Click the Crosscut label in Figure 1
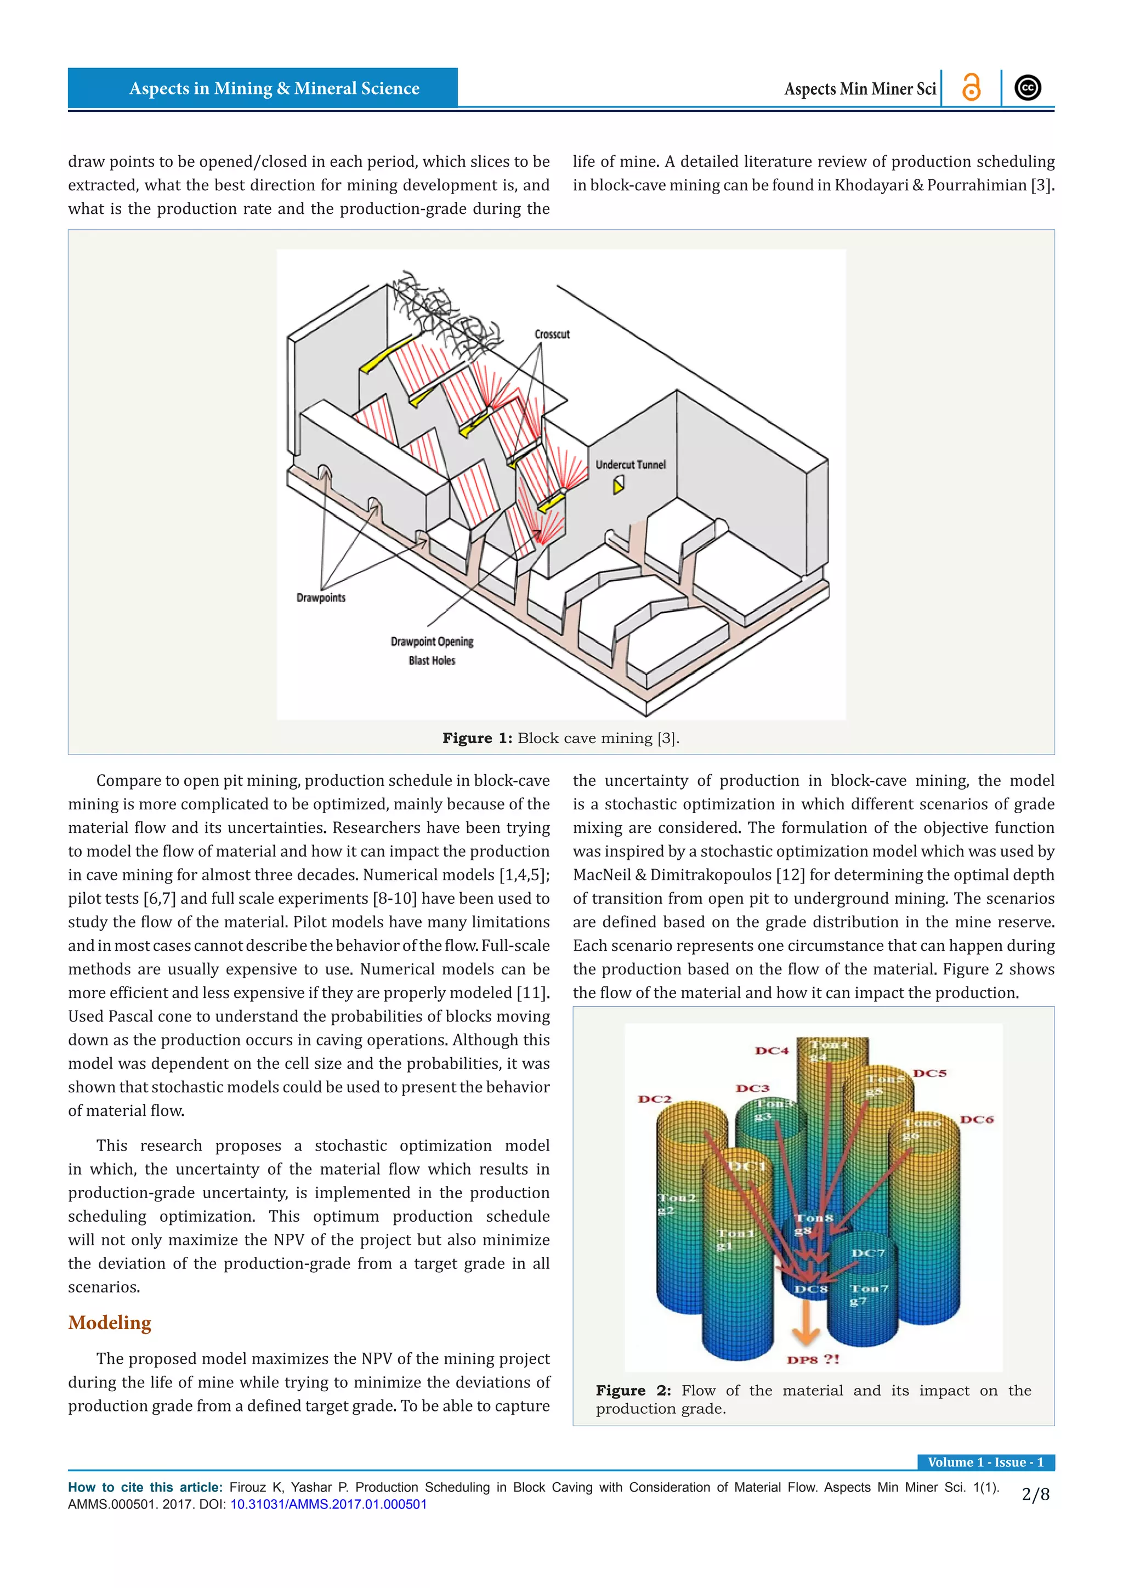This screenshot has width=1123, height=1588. (x=552, y=334)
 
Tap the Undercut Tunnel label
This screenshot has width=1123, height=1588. (x=630, y=465)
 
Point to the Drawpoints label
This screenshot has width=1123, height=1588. (x=321, y=598)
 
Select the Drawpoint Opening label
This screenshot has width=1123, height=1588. (x=432, y=642)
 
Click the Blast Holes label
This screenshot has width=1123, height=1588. (x=432, y=661)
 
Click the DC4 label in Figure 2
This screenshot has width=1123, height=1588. (x=772, y=1051)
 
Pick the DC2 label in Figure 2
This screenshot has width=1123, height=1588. (x=654, y=1099)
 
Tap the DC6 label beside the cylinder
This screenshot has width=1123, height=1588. (x=977, y=1119)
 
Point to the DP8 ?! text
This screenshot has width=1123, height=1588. (x=813, y=1359)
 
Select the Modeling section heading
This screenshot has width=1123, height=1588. (x=109, y=1323)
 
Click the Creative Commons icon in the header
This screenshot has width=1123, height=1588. (x=1028, y=88)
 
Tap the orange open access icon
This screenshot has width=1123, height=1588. (x=971, y=88)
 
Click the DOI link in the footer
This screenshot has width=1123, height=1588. (x=328, y=1504)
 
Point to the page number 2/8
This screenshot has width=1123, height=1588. (x=1035, y=1495)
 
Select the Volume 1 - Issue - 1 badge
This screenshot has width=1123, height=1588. (x=985, y=1462)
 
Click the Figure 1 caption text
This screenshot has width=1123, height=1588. (x=561, y=738)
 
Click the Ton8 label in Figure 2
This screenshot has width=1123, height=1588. (x=813, y=1218)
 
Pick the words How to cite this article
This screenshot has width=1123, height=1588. (x=145, y=1487)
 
